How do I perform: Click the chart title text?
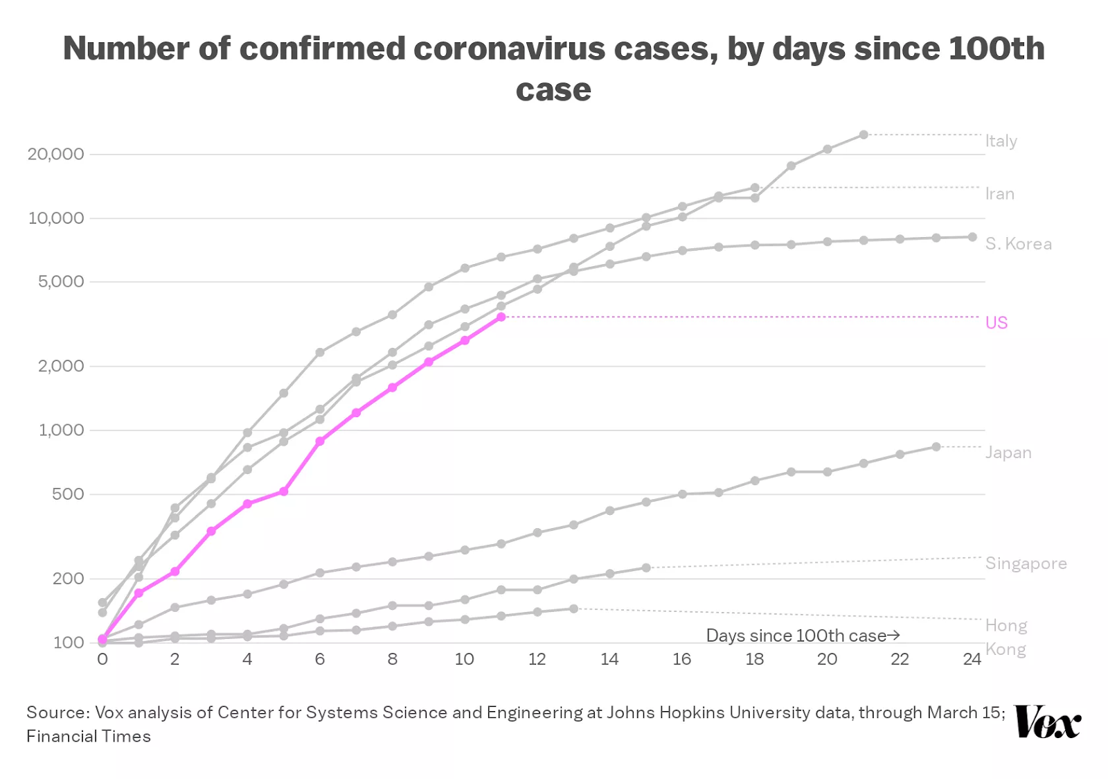tap(553, 68)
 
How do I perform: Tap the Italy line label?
tap(1001, 141)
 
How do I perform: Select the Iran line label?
tap(999, 194)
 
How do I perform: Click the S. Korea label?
tap(1018, 244)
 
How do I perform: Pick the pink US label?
tap(996, 323)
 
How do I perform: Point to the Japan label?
tap(1008, 453)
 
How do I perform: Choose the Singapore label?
tap(1026, 563)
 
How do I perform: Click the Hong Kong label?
tap(1006, 638)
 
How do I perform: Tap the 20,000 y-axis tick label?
tap(55, 154)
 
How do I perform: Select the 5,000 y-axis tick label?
tap(61, 282)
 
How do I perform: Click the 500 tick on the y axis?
tap(68, 494)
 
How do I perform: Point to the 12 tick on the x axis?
tap(537, 659)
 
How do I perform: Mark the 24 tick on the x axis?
tap(972, 659)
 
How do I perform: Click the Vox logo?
tap(1047, 722)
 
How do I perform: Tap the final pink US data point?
tap(501, 317)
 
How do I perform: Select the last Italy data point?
tap(864, 134)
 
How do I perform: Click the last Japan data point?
tap(936, 447)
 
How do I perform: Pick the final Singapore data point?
tap(646, 568)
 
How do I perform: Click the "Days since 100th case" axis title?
tap(802, 636)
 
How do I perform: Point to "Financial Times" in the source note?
tap(89, 737)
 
